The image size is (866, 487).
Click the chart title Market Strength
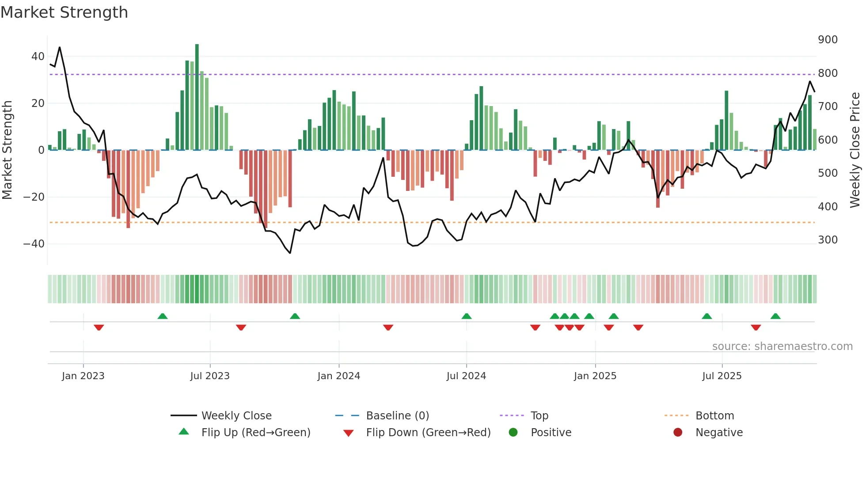(64, 12)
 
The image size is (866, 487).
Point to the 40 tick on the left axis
(38, 57)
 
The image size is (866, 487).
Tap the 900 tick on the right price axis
(828, 40)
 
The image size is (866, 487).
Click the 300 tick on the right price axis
(828, 240)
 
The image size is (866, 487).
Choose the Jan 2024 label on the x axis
(338, 376)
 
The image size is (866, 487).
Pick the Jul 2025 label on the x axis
(722, 376)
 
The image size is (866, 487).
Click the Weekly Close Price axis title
(855, 150)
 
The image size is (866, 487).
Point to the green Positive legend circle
(513, 432)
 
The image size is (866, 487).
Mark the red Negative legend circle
(678, 432)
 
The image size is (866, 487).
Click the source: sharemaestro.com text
(782, 346)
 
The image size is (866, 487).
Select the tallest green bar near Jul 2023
(197, 97)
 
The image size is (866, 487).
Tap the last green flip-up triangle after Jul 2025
(775, 316)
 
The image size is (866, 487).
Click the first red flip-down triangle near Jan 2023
(99, 327)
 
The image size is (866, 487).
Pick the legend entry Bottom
(714, 416)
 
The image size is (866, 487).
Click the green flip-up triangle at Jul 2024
(466, 316)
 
